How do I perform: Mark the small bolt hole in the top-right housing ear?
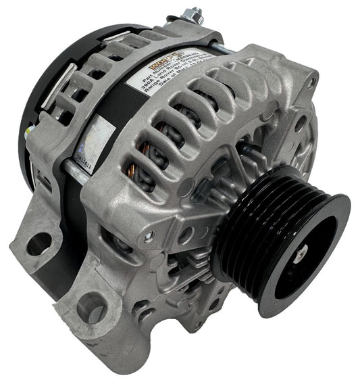311,82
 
